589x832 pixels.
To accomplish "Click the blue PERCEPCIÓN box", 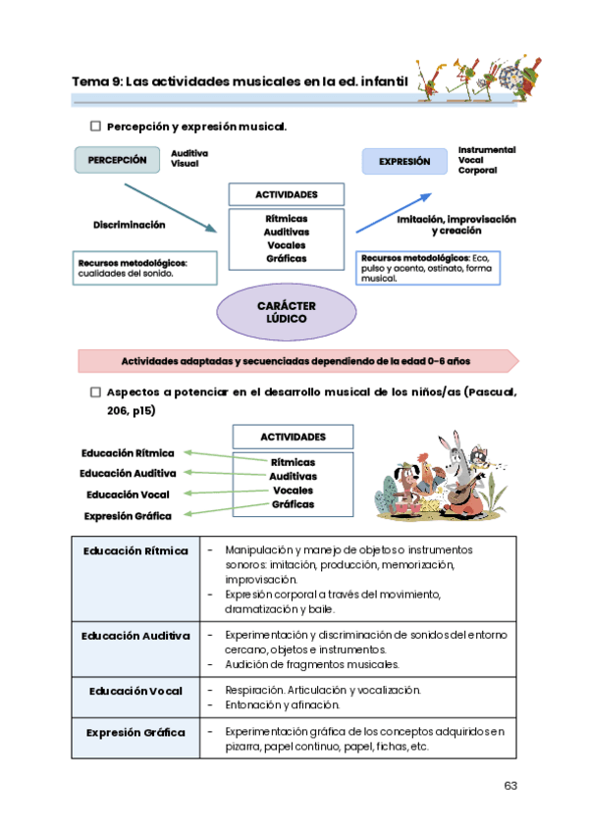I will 117,160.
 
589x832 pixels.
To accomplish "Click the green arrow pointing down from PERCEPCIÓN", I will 169,204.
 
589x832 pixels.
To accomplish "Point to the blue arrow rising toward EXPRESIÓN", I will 393,212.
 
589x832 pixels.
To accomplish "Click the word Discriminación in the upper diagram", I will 130,225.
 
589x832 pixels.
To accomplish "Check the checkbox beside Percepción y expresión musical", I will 95,127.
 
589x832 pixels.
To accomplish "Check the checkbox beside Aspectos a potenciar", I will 95,391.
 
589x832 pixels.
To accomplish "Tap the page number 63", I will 509,786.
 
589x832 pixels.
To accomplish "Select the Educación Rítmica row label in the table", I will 135,550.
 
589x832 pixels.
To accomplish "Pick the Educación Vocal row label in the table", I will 135,691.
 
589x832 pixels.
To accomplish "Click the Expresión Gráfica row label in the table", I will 135,733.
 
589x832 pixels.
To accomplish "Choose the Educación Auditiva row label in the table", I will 135,636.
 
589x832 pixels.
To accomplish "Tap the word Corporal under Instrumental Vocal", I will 477,171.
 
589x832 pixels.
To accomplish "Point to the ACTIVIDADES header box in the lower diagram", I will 293,438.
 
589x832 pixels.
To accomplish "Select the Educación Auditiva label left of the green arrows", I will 128,474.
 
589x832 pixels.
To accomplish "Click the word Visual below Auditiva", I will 185,164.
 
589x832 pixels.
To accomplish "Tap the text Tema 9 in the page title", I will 96,82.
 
